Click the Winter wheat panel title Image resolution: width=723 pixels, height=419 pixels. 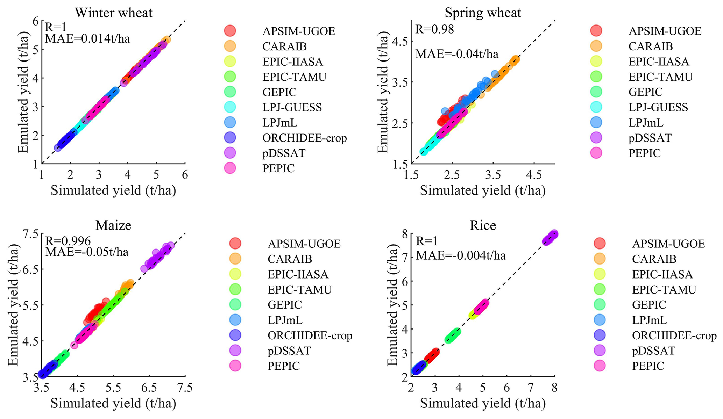[x=114, y=13]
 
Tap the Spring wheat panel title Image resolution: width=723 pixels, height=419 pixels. [x=483, y=13]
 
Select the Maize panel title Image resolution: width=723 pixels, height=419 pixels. [x=113, y=225]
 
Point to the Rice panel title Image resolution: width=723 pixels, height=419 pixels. [x=483, y=225]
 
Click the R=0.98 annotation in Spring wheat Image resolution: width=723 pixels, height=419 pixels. [x=434, y=29]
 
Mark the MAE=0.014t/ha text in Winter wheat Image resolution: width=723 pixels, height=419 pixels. [x=87, y=38]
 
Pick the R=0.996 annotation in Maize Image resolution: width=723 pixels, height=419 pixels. [x=68, y=241]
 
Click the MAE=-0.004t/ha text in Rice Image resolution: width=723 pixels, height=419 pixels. [x=461, y=256]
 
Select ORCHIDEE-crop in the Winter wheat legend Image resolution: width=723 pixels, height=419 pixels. [x=304, y=138]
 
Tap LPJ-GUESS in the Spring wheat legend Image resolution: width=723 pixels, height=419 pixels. [x=658, y=107]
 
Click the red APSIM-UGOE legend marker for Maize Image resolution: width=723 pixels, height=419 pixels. [x=235, y=243]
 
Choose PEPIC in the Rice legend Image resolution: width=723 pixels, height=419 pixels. [x=648, y=366]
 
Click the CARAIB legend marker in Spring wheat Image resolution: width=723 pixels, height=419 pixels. [x=596, y=46]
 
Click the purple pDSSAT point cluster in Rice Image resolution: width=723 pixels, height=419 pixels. [x=550, y=238]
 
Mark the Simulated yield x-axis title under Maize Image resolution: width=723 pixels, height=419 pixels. [x=113, y=403]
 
